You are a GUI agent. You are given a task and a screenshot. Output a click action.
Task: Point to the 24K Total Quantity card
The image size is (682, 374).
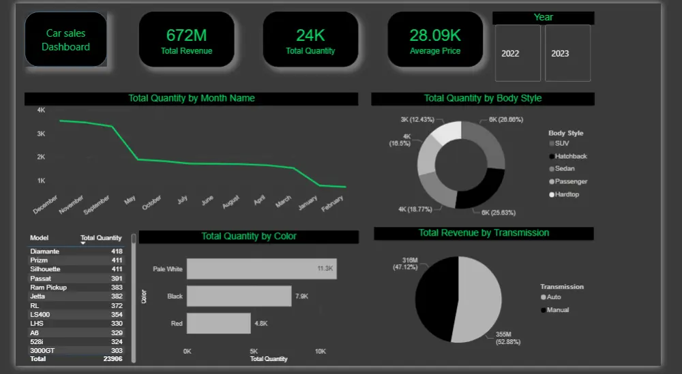click(x=310, y=40)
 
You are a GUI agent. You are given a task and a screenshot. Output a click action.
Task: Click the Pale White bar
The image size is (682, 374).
click(x=261, y=269)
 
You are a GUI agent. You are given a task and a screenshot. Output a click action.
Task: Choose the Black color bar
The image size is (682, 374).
click(x=239, y=296)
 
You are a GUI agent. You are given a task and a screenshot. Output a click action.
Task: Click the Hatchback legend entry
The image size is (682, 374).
click(x=570, y=156)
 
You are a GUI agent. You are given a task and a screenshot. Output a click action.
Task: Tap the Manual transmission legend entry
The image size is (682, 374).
click(x=557, y=310)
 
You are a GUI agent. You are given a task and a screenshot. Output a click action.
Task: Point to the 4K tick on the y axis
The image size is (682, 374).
click(x=41, y=110)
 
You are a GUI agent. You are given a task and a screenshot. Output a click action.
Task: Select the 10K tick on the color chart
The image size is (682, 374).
click(x=320, y=351)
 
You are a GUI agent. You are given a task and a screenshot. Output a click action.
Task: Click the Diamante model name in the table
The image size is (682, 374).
click(x=45, y=251)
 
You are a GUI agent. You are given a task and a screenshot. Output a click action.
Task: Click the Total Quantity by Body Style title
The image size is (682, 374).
click(x=482, y=98)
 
